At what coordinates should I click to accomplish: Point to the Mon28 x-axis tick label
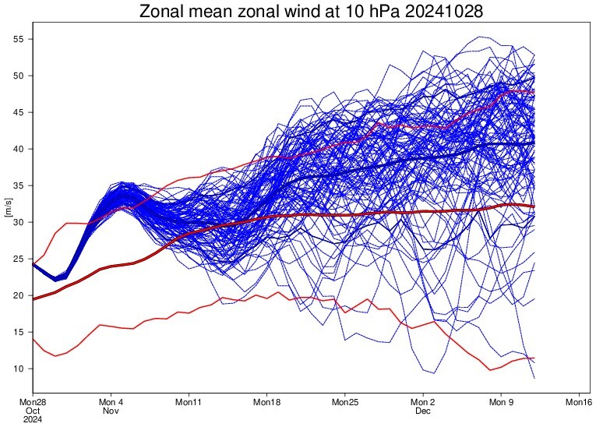click(x=33, y=402)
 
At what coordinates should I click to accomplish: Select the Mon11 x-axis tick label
click(x=189, y=402)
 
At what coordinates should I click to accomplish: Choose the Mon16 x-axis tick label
click(x=578, y=402)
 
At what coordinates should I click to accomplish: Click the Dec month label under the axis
click(x=422, y=411)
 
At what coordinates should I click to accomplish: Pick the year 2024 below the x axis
click(x=33, y=419)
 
